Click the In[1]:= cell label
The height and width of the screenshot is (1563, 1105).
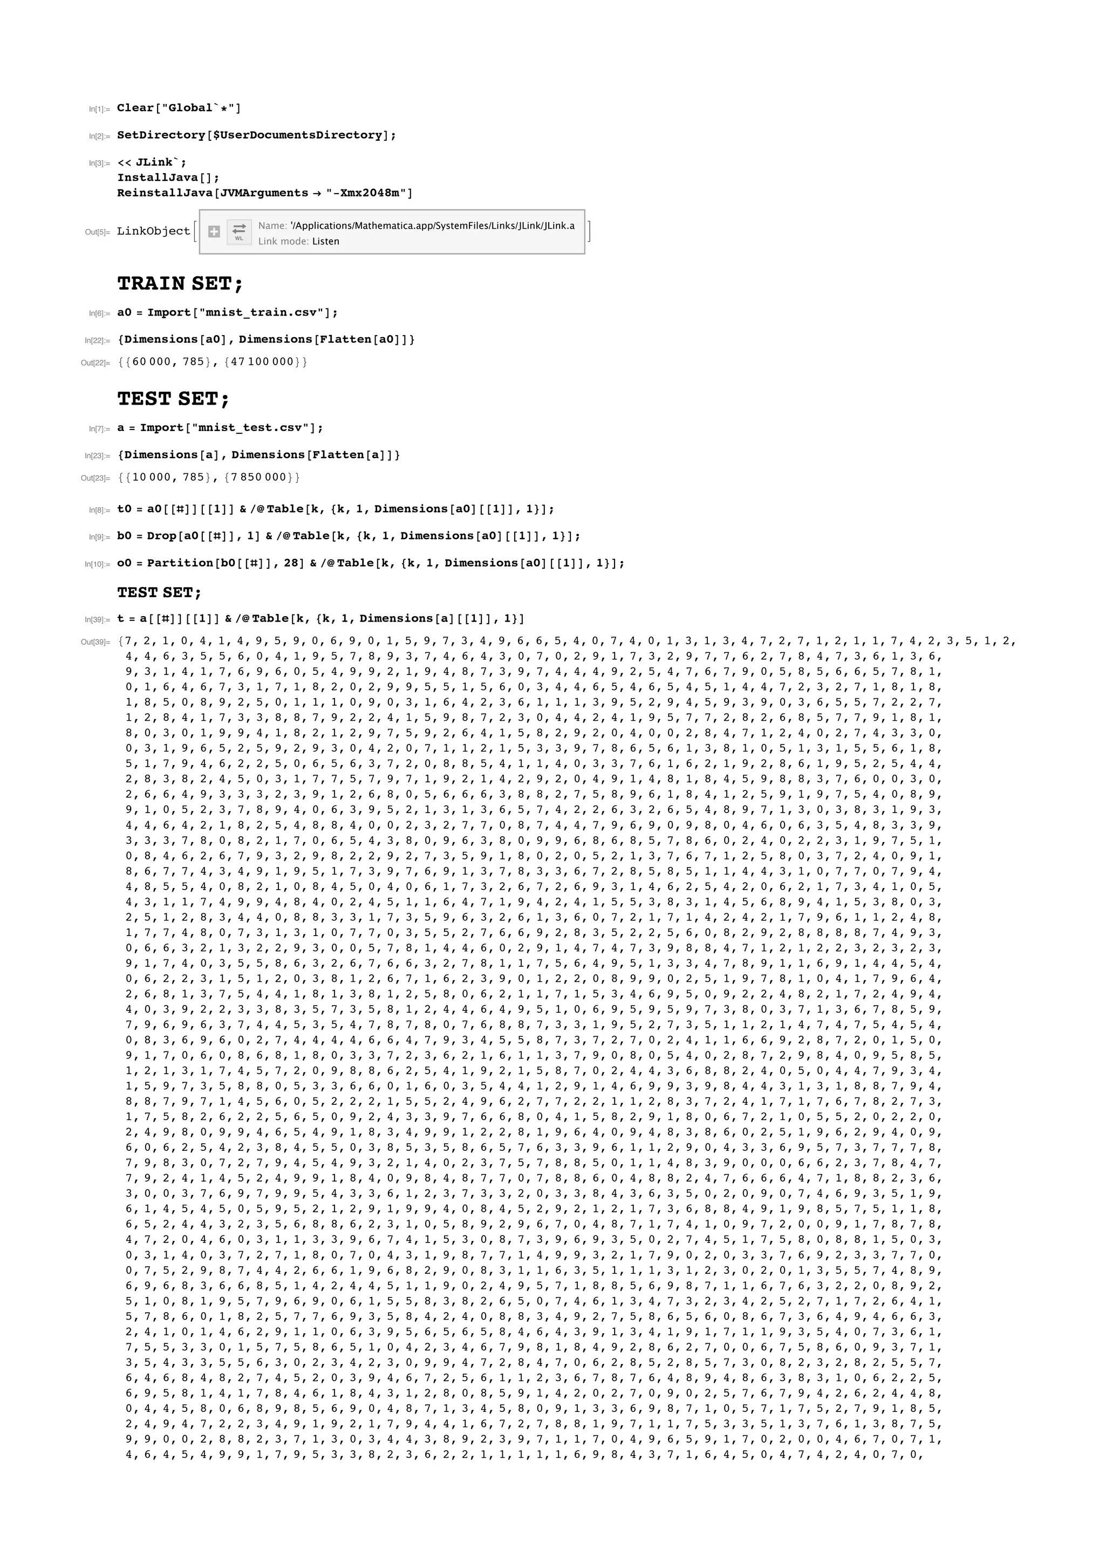99,109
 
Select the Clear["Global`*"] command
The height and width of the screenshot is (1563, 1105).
179,107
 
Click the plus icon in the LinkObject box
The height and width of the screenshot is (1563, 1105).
214,231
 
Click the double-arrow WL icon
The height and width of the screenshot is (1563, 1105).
239,231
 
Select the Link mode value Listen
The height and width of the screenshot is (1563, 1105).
325,241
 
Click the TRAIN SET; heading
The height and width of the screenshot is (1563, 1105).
180,283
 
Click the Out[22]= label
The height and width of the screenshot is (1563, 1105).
96,363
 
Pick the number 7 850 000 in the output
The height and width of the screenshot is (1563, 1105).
258,477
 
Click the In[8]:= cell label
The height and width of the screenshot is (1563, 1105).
99,510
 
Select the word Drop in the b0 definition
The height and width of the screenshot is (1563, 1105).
161,536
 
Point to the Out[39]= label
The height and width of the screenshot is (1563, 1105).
96,642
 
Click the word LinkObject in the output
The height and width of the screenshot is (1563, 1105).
153,231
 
